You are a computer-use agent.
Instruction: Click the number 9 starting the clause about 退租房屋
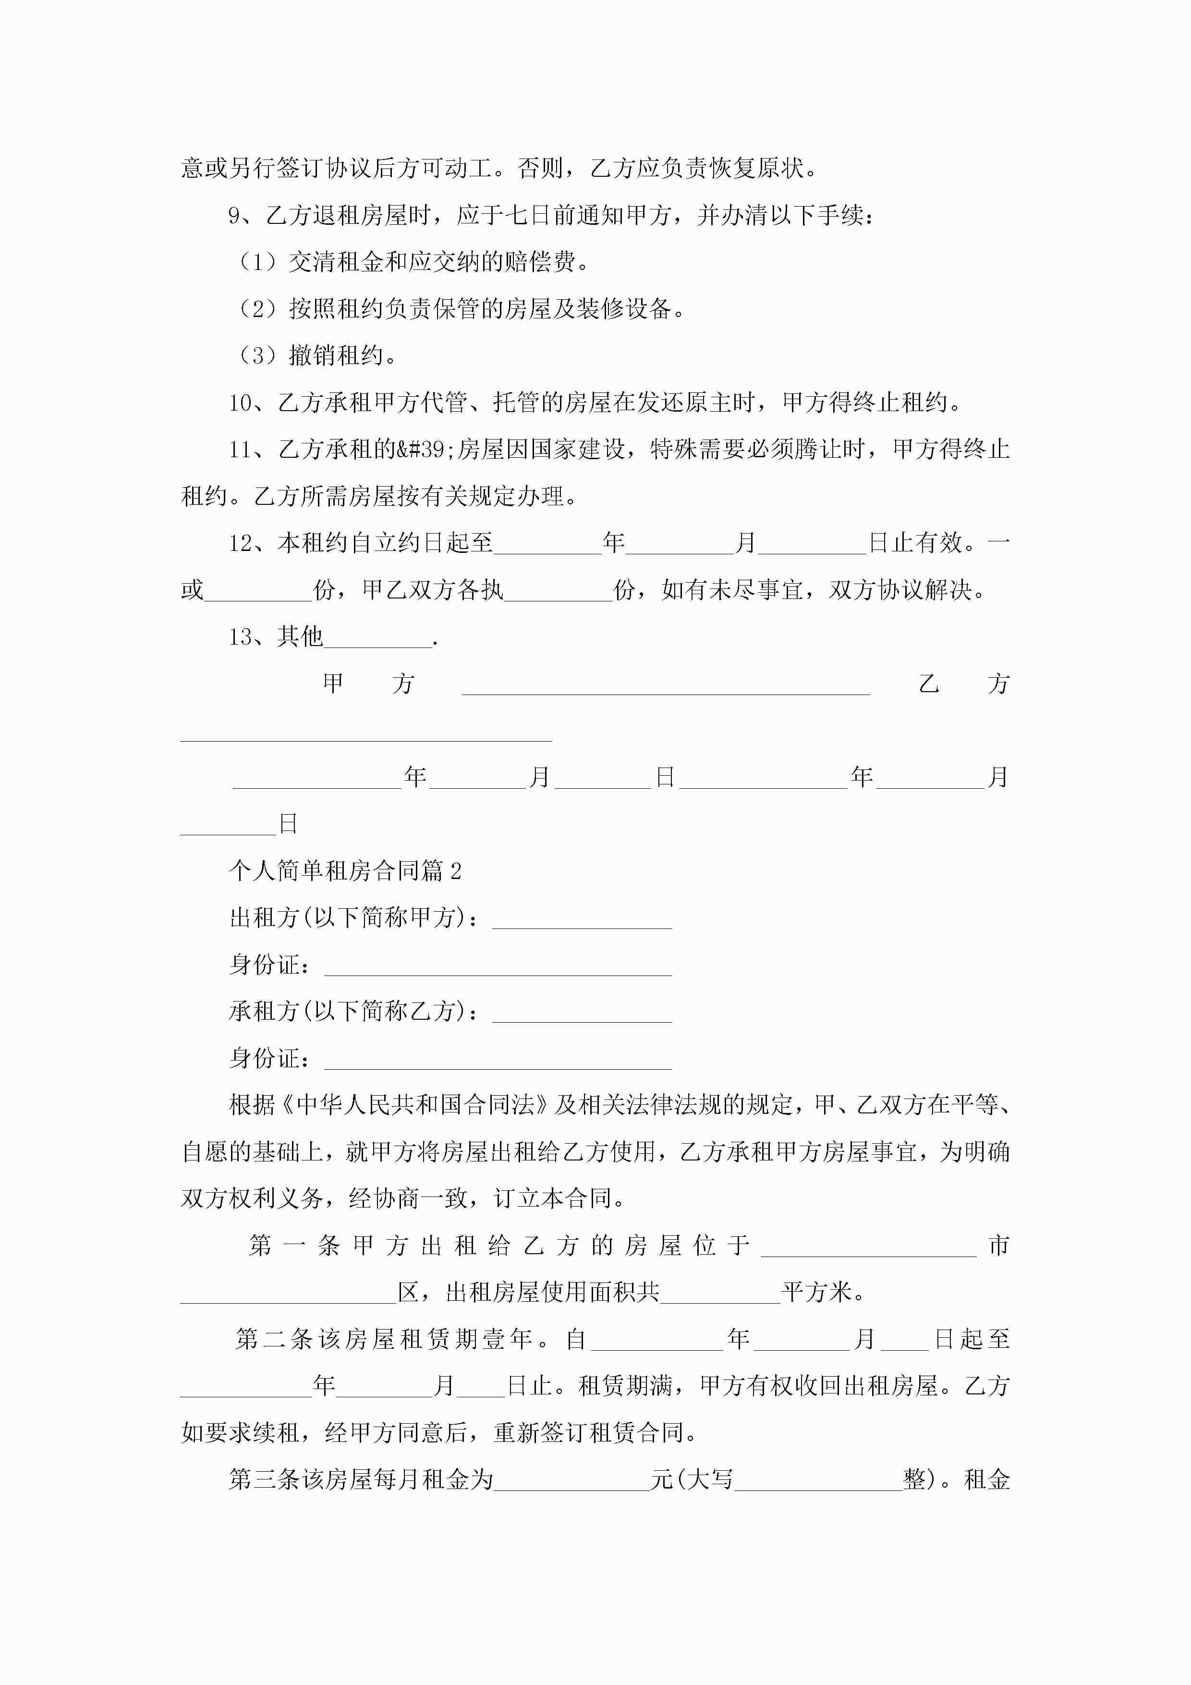[x=234, y=215]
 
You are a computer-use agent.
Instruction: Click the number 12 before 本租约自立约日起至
[x=240, y=543]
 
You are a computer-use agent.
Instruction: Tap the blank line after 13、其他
[x=378, y=638]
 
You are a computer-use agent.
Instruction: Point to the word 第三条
[x=253, y=1479]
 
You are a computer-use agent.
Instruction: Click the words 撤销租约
[x=336, y=356]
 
